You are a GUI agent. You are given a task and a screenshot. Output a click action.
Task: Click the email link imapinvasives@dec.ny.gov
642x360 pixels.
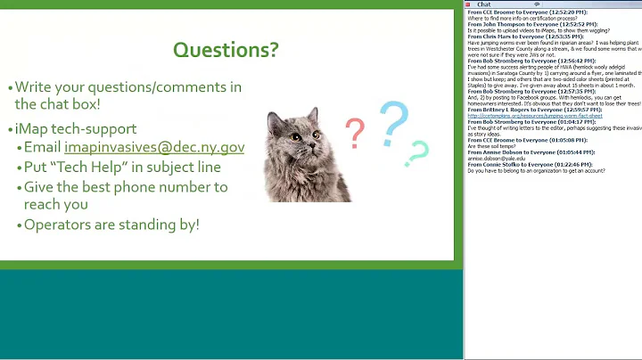(x=154, y=147)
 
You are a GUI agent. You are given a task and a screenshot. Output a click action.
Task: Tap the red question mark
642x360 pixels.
(x=355, y=133)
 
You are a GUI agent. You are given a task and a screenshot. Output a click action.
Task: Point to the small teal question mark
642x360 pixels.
(x=416, y=154)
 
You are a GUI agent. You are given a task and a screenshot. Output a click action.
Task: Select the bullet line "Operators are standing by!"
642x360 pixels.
(x=111, y=224)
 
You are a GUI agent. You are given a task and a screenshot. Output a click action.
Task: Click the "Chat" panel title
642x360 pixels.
(x=484, y=4)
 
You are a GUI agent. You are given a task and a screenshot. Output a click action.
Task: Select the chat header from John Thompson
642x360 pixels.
(x=521, y=24)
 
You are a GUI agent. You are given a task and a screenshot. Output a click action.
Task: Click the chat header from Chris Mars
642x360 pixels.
(x=516, y=36)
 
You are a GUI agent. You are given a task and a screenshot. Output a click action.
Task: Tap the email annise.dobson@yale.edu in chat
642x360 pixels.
(x=496, y=158)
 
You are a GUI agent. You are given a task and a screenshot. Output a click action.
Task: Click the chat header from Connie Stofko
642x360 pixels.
(x=521, y=164)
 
